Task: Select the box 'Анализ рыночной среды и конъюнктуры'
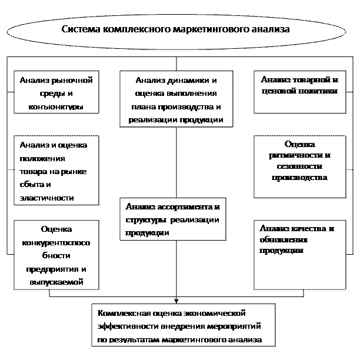55,92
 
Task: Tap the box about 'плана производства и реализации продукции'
176,99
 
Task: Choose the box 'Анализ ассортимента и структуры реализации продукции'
172,219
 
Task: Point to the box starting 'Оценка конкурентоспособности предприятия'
55,255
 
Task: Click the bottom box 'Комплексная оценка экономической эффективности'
184,324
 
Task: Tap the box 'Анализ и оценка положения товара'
55,171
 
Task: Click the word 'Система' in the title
80,28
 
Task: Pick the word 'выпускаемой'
56,282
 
